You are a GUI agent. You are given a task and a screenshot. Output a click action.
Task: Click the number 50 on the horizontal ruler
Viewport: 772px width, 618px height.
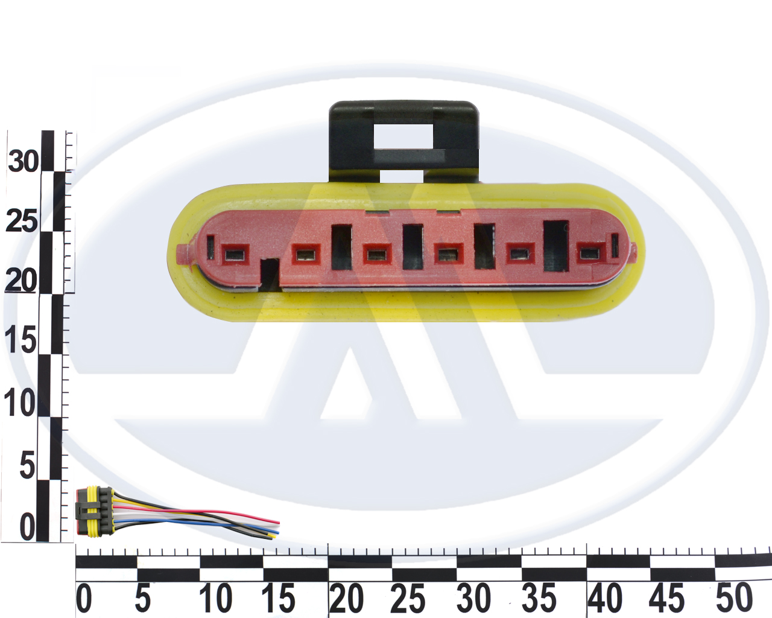click(734, 599)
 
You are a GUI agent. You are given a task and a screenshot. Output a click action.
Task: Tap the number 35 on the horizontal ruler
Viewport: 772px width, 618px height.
click(539, 599)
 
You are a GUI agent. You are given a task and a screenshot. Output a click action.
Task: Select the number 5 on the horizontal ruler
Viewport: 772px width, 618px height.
click(142, 599)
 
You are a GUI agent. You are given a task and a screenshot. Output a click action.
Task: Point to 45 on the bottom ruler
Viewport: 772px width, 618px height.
click(667, 599)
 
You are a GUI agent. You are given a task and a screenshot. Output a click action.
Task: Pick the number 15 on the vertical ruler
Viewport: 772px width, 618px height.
click(21, 340)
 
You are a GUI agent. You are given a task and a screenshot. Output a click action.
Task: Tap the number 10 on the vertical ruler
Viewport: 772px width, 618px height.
click(20, 403)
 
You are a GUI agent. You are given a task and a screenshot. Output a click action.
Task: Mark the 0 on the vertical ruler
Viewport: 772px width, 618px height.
click(28, 528)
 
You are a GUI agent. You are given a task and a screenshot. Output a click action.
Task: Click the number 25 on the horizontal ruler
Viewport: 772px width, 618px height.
click(408, 599)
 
